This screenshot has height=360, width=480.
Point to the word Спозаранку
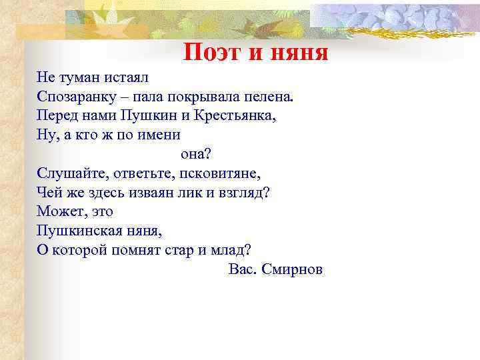point(75,97)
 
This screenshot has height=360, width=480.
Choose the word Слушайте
point(67,173)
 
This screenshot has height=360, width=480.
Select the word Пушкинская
point(77,231)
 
